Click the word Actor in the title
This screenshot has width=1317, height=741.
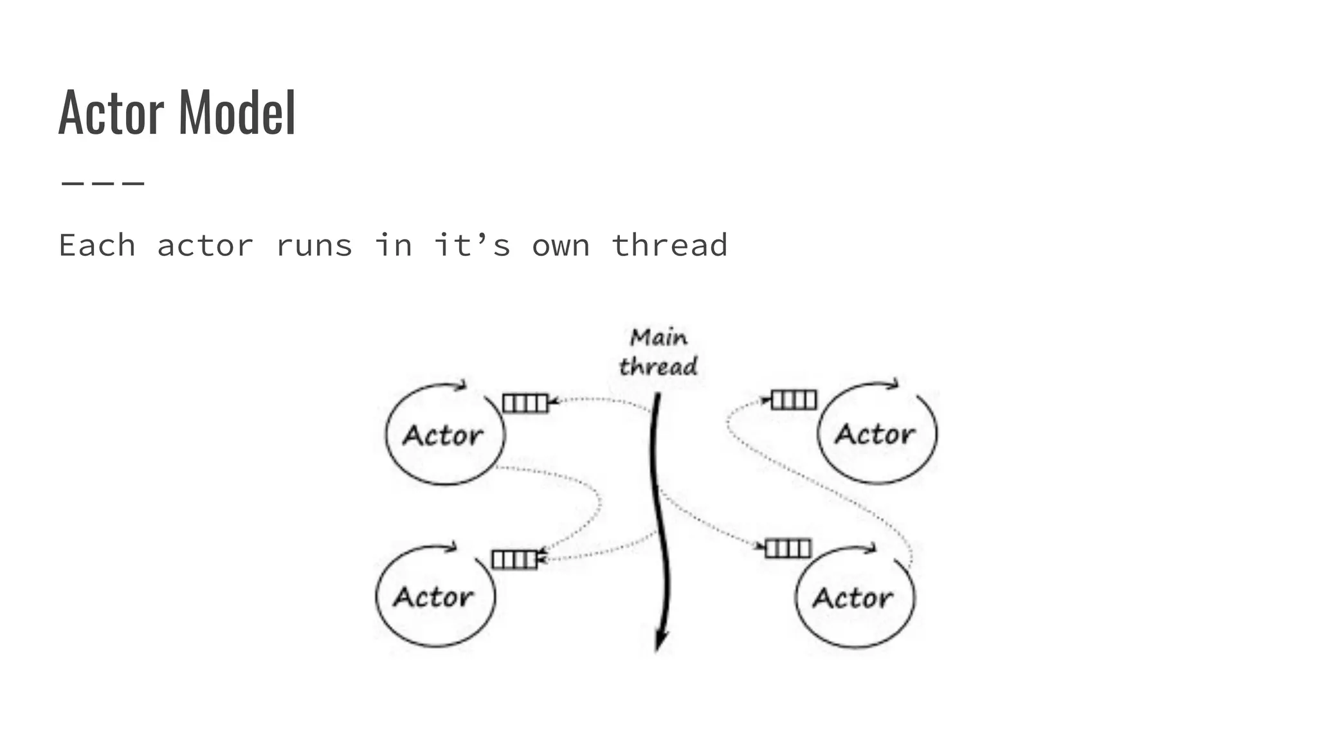click(111, 113)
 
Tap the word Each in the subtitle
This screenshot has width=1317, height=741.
click(97, 246)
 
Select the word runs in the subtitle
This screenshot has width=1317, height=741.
click(314, 246)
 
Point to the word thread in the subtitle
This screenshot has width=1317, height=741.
click(669, 246)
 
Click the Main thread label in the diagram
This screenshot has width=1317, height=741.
click(658, 352)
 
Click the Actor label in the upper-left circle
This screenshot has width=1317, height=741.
click(443, 435)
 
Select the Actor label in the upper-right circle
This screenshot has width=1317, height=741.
click(875, 434)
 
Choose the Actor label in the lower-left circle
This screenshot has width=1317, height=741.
click(433, 597)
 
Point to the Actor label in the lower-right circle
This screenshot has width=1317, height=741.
click(853, 598)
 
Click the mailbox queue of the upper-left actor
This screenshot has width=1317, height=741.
click(525, 403)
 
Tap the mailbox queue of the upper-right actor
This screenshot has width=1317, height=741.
click(794, 400)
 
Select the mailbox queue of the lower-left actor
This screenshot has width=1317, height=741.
click(514, 559)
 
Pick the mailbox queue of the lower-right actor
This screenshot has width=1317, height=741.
click(788, 549)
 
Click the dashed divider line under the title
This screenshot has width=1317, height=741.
click(103, 183)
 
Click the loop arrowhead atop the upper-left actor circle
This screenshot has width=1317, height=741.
click(460, 385)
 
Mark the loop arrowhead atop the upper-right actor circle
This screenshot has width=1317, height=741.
click(893, 384)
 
